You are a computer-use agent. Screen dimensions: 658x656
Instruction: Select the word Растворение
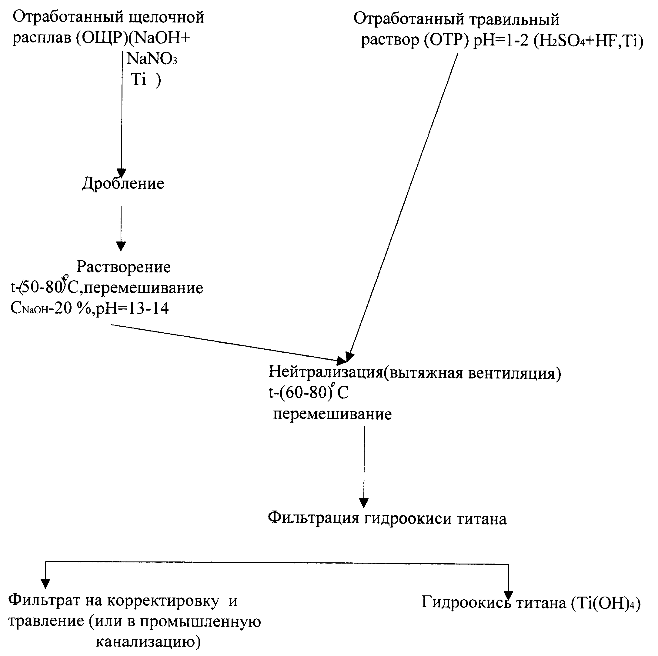tap(124, 267)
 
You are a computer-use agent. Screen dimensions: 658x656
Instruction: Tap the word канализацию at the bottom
tap(149, 642)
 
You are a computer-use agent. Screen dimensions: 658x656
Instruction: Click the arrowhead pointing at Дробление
tap(122, 173)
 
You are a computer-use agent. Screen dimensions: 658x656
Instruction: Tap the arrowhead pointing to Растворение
tap(121, 246)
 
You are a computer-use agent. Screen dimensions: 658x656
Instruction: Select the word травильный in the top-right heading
tap(514, 20)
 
